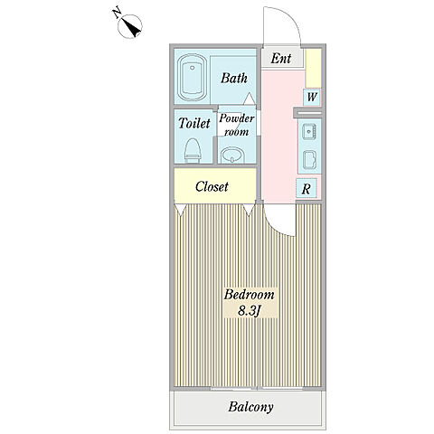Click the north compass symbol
click(x=130, y=26)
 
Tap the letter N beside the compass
click(x=117, y=14)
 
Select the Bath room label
click(x=234, y=78)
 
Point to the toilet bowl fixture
click(x=193, y=150)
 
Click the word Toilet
click(x=194, y=123)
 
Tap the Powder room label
click(x=236, y=125)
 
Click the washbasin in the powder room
click(x=232, y=155)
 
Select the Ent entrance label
click(x=280, y=59)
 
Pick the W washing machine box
click(x=312, y=98)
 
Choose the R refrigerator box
click(x=307, y=189)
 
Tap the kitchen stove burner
click(x=309, y=159)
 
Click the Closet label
click(x=212, y=186)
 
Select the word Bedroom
click(x=249, y=295)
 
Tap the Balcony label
click(x=250, y=407)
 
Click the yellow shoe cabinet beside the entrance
click(x=314, y=68)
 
